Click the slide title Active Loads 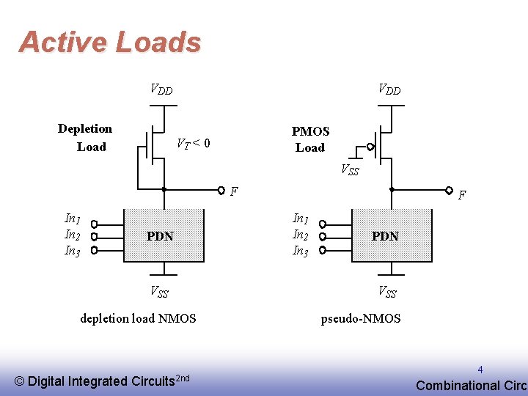110,42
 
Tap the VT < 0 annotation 194,144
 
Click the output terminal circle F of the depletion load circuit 221,190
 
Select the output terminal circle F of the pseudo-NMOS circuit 449,190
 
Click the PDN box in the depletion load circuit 164,235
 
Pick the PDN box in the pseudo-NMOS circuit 392,235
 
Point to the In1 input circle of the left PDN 95,224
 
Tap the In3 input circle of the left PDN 95,250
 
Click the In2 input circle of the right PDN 322,237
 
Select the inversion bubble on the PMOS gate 370,147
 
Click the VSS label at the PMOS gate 351,169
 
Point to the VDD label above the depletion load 161,89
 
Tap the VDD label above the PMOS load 389,89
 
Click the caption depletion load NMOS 138,318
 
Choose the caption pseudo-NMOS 361,318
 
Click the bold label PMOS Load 310,139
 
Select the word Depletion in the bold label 85,129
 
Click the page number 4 480,370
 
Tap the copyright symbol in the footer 19,381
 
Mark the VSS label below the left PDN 159,292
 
